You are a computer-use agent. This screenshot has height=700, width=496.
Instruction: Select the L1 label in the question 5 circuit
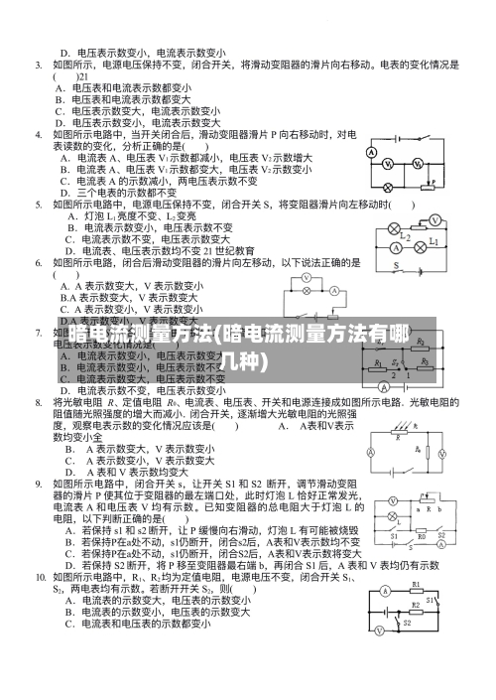(x=434, y=241)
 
